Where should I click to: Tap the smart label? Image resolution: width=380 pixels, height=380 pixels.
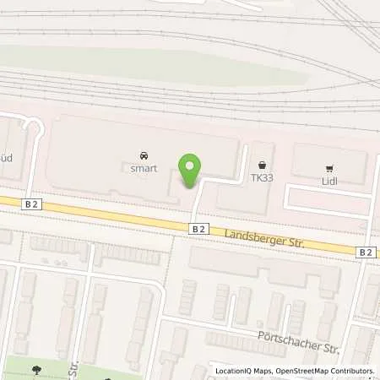[144, 169]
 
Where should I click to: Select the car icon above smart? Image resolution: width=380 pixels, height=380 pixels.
[144, 156]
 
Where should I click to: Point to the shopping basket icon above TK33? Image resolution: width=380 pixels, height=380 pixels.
[263, 166]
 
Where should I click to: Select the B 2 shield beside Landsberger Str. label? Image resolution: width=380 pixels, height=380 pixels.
[198, 228]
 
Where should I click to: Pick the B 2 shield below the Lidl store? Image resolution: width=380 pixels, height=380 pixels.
[365, 252]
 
